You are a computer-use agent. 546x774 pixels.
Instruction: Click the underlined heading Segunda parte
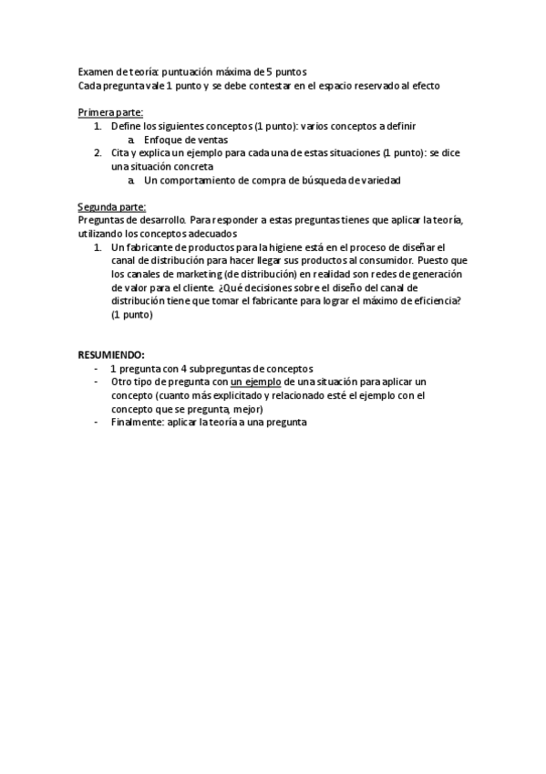(111, 206)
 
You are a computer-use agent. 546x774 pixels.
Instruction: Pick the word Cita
(121, 153)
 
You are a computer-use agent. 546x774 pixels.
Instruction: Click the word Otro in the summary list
(121, 382)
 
